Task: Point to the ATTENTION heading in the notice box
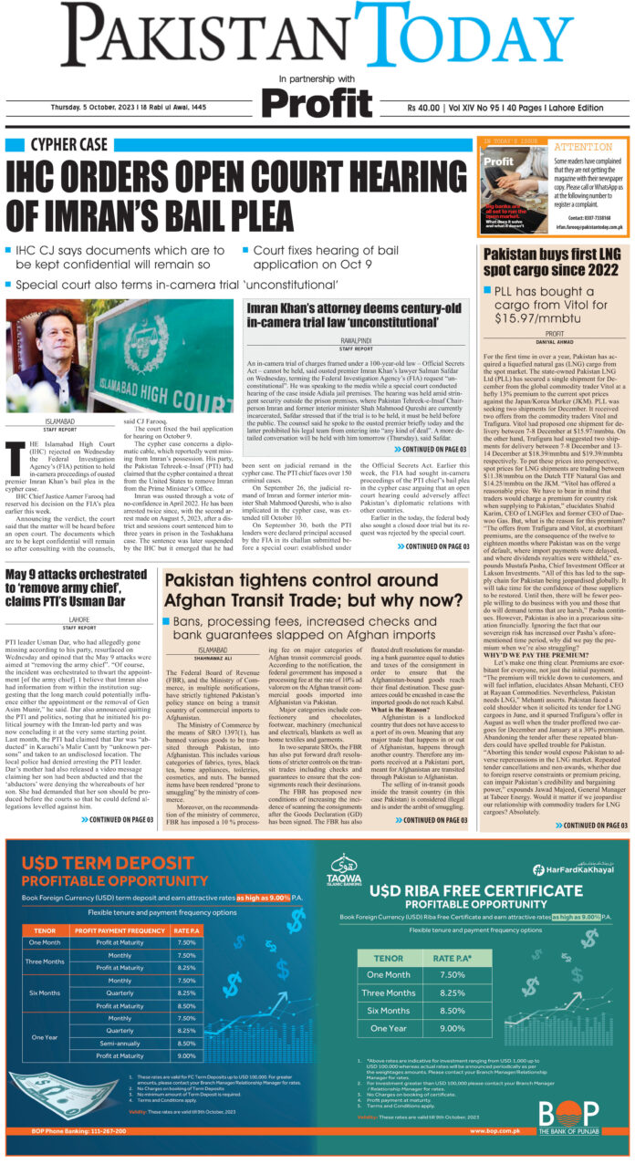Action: pos(583,146)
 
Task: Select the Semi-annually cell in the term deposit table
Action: pos(120,1042)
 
